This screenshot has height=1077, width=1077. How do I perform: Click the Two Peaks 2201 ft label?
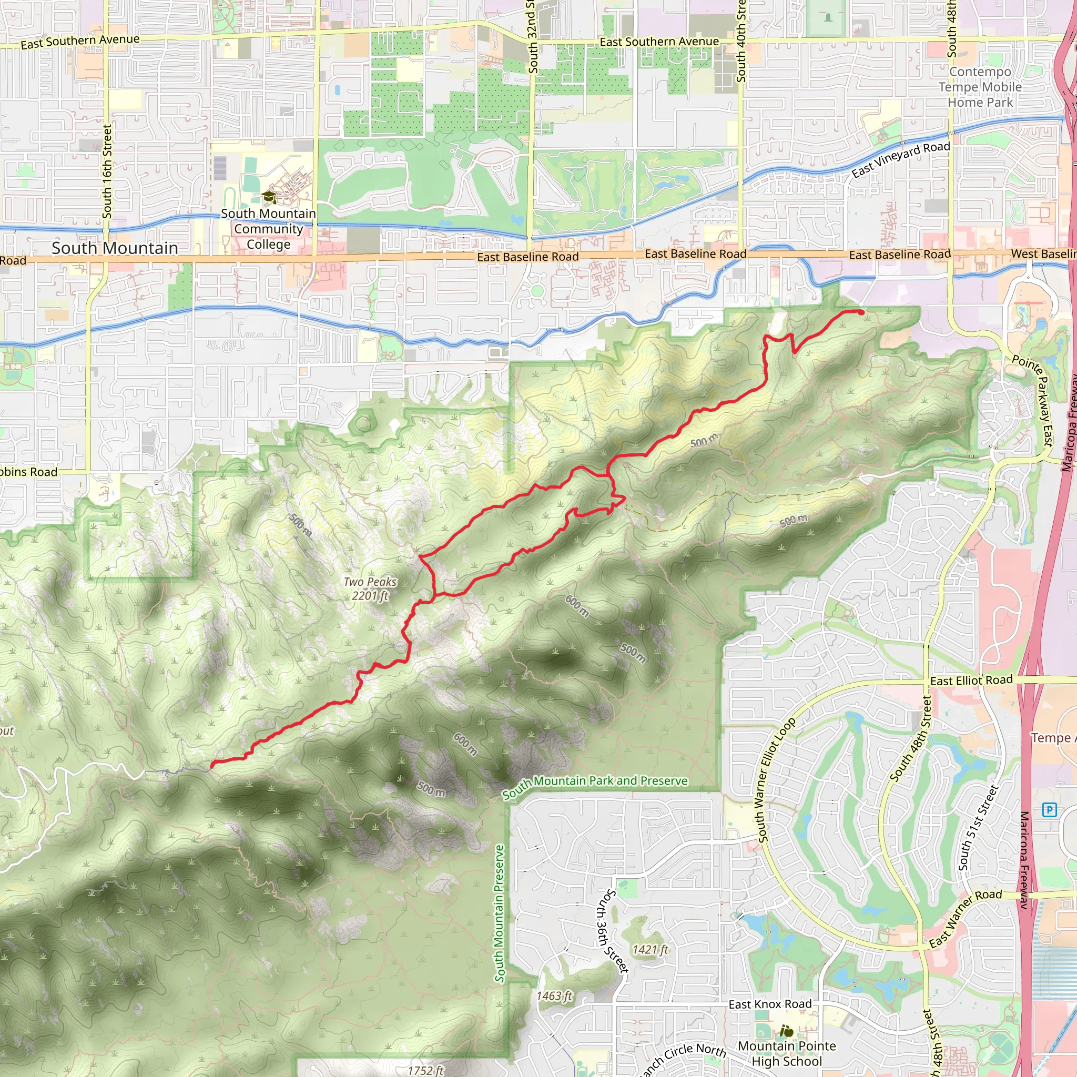click(370, 588)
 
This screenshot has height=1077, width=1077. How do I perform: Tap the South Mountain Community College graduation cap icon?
click(269, 197)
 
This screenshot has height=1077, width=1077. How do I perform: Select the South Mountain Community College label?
click(268, 229)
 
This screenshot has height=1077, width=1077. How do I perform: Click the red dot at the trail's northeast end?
click(861, 312)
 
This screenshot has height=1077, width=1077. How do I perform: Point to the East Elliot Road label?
click(971, 680)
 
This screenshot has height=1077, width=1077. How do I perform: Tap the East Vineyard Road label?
click(900, 159)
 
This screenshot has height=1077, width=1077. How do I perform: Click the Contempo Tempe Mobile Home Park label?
click(980, 87)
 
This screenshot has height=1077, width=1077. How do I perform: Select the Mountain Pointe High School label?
click(787, 1053)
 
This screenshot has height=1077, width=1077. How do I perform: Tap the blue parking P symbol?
click(1050, 809)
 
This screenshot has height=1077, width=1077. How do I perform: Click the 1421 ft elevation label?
click(649, 949)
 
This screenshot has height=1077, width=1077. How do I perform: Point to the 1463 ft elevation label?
click(554, 996)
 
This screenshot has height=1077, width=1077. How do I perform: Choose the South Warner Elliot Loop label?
click(776, 780)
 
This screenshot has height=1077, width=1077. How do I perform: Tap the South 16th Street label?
click(107, 171)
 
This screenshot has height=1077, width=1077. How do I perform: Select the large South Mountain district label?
click(115, 248)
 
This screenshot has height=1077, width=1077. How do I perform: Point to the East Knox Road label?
click(770, 1004)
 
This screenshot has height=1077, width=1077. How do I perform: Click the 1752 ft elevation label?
click(425, 1070)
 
